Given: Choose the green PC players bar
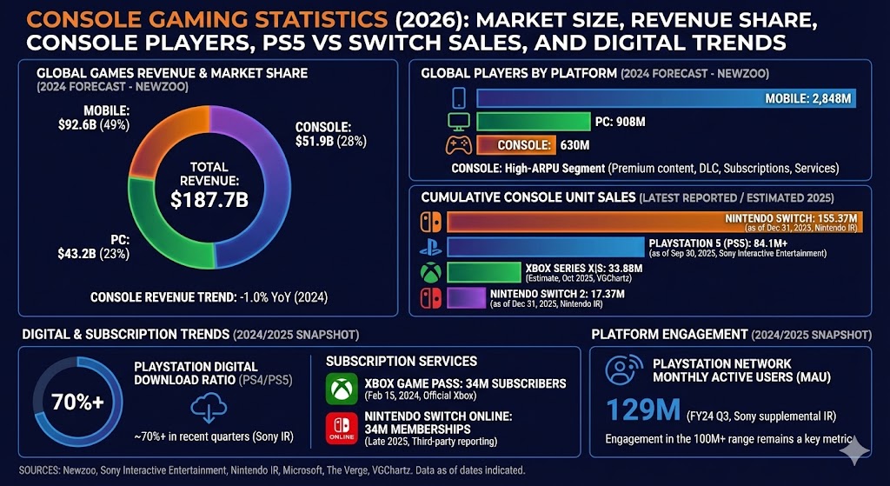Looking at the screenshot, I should click(x=539, y=122).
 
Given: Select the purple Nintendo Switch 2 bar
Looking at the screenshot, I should click(x=466, y=297).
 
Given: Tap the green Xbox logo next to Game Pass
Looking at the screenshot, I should click(x=341, y=389).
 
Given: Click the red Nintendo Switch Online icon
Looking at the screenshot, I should click(x=341, y=429).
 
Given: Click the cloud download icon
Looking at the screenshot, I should click(x=208, y=407).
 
